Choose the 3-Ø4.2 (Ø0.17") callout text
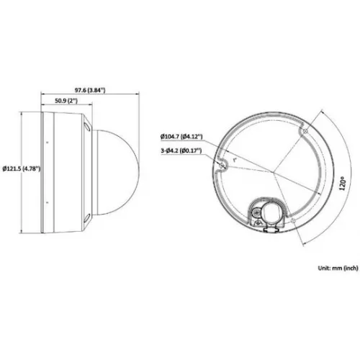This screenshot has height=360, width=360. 181,150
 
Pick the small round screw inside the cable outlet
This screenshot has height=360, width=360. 256,212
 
